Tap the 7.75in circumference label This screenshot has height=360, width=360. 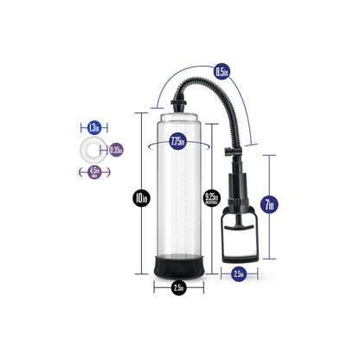tap(177, 142)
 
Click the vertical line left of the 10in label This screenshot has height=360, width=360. tap(139, 164)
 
